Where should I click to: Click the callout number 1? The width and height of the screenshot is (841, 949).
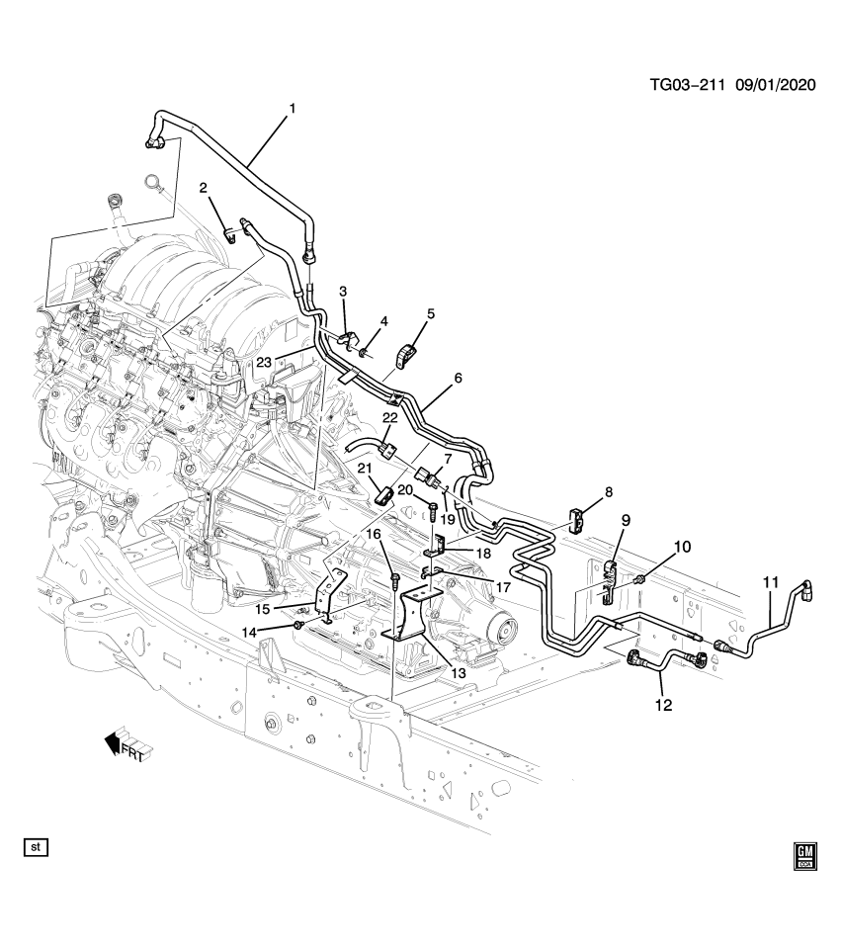tap(292, 108)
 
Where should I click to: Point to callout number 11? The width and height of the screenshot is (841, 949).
tap(771, 583)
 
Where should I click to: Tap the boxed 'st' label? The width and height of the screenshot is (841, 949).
tap(37, 847)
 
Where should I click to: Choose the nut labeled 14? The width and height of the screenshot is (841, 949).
tap(297, 625)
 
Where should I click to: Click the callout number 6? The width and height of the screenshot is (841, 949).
tap(458, 379)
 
